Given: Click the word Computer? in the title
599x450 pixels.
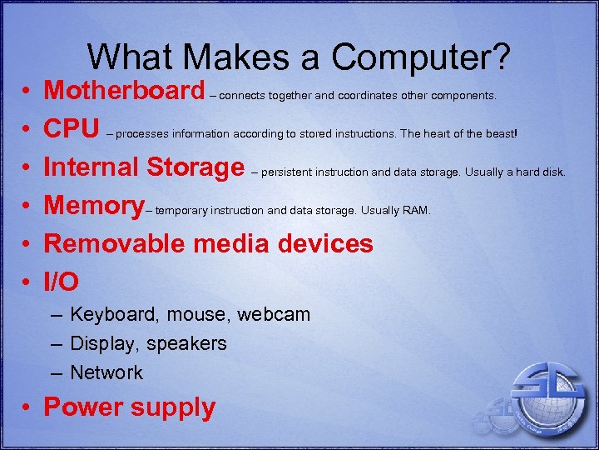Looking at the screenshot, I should click(420, 57).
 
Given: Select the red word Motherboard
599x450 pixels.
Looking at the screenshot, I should click(124, 90).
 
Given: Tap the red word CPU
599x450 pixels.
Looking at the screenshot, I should click(72, 128).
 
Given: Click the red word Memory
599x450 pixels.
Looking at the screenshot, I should click(93, 205).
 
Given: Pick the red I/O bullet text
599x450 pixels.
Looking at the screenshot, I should click(62, 282).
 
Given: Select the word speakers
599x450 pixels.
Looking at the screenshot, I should click(192, 343).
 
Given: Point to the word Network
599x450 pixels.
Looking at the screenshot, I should click(106, 372).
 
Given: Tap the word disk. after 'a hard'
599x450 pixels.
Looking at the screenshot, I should click(552, 172).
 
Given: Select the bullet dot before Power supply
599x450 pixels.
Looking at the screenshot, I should click(27, 408).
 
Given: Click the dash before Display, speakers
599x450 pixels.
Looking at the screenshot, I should click(55, 343).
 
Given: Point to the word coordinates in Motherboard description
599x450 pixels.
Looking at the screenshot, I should click(368, 95).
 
